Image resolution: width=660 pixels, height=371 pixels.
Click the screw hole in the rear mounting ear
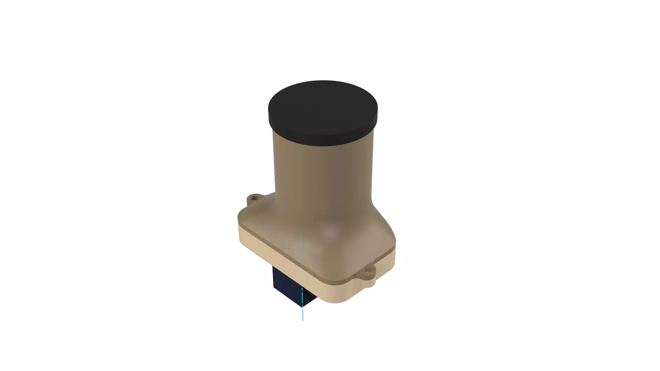(x=254, y=198)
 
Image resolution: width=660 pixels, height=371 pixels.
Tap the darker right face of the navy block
(x=309, y=299)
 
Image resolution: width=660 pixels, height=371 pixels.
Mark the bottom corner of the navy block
(x=302, y=307)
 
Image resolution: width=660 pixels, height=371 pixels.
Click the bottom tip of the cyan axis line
(x=303, y=320)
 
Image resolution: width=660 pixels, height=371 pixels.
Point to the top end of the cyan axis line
(x=301, y=231)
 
